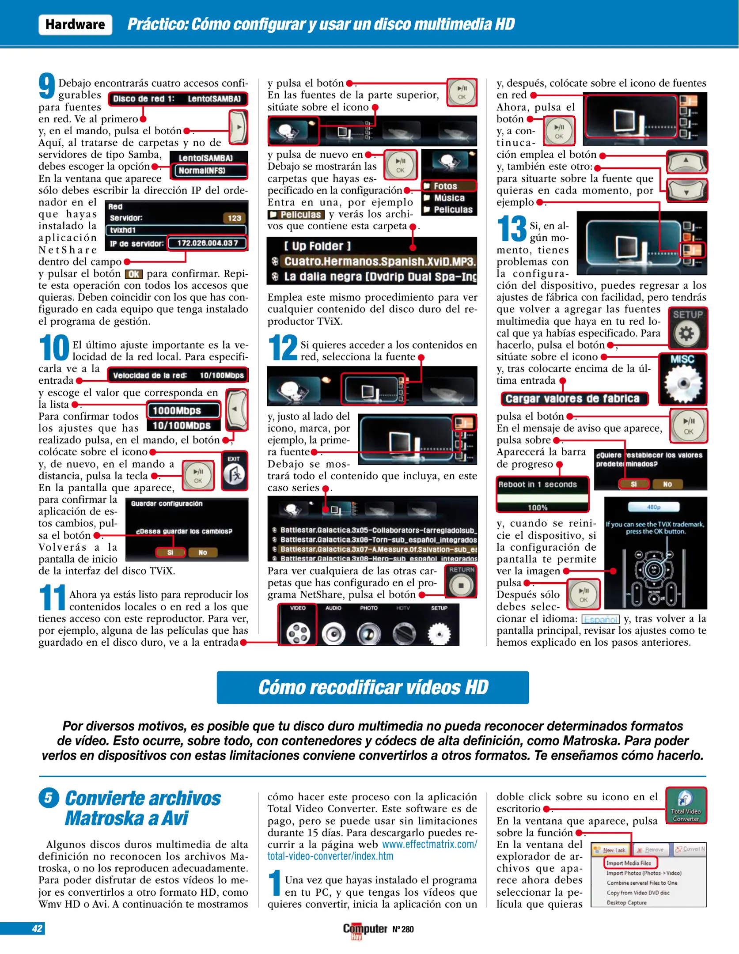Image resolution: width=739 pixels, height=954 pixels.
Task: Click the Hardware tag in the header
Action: (x=75, y=24)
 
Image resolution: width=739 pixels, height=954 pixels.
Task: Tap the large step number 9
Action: (x=47, y=86)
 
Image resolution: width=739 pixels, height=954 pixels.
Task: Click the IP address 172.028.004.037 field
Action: (x=207, y=243)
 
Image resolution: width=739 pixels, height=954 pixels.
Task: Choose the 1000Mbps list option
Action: (x=183, y=410)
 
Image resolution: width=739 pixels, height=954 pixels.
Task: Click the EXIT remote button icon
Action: (x=234, y=471)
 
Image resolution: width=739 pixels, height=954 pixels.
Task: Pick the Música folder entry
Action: (x=449, y=198)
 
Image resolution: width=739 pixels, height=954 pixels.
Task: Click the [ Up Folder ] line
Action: (x=317, y=246)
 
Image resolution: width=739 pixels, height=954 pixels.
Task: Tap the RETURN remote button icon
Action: (x=461, y=581)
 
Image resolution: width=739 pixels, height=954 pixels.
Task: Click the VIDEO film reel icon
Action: (x=298, y=630)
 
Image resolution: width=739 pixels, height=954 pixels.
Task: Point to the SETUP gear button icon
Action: (x=687, y=328)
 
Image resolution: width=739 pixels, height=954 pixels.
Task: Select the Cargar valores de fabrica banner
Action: (x=573, y=399)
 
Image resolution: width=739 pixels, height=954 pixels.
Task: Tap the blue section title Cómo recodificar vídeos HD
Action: (x=372, y=688)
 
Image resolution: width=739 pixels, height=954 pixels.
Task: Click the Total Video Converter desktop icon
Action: (x=686, y=806)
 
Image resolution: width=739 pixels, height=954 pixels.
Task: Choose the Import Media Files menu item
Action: (x=629, y=863)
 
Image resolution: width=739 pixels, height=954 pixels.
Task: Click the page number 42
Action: (x=37, y=928)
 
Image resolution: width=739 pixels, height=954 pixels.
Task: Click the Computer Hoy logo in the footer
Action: (x=365, y=930)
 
